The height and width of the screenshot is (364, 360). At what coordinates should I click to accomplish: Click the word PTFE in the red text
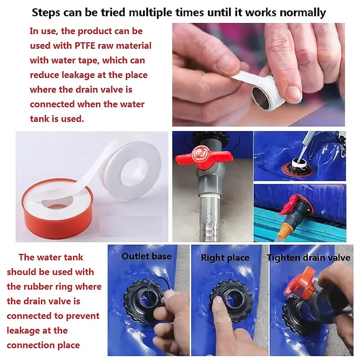tap(85, 46)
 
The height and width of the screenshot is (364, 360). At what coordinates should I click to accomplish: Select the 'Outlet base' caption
tap(146, 256)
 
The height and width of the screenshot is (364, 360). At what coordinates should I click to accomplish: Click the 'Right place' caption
tap(225, 258)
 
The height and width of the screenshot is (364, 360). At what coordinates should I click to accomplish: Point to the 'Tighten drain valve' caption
tap(309, 258)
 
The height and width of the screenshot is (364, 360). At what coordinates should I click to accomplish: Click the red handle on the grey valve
tap(204, 156)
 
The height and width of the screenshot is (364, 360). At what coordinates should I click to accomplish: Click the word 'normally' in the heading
tap(302, 13)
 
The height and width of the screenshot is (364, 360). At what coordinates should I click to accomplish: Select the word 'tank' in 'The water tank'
tap(73, 257)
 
